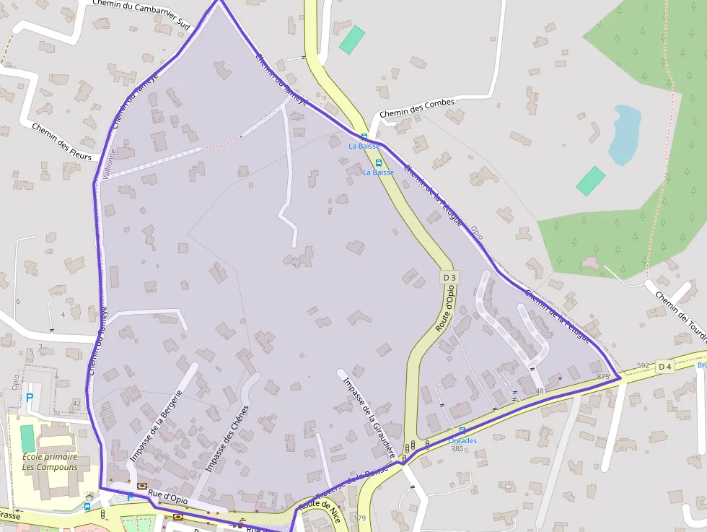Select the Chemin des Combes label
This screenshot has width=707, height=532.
click(x=417, y=108)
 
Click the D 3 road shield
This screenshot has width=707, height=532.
click(x=449, y=277)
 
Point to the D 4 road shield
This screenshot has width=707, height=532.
click(x=665, y=367)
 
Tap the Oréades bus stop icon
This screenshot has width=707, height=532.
click(x=462, y=430)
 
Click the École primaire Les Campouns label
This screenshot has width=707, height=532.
click(x=50, y=461)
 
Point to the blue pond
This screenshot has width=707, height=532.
click(x=624, y=134)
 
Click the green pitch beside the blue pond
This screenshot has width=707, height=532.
click(x=591, y=180)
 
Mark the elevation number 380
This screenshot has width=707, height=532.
click(x=457, y=449)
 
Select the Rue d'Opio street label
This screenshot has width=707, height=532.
click(x=168, y=497)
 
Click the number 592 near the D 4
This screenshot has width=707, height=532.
click(x=644, y=365)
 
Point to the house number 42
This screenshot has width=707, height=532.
click(x=76, y=404)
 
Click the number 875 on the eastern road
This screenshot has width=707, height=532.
click(x=604, y=377)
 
